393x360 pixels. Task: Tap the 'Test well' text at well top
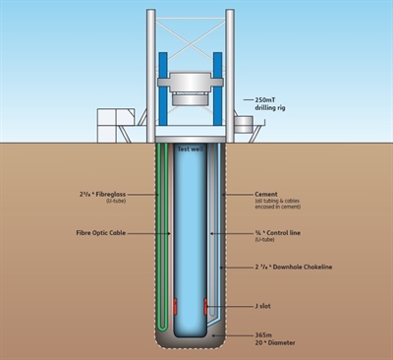(x=191, y=149)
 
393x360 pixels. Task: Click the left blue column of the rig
(x=161, y=75)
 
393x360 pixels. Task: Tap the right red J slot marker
(x=206, y=305)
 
